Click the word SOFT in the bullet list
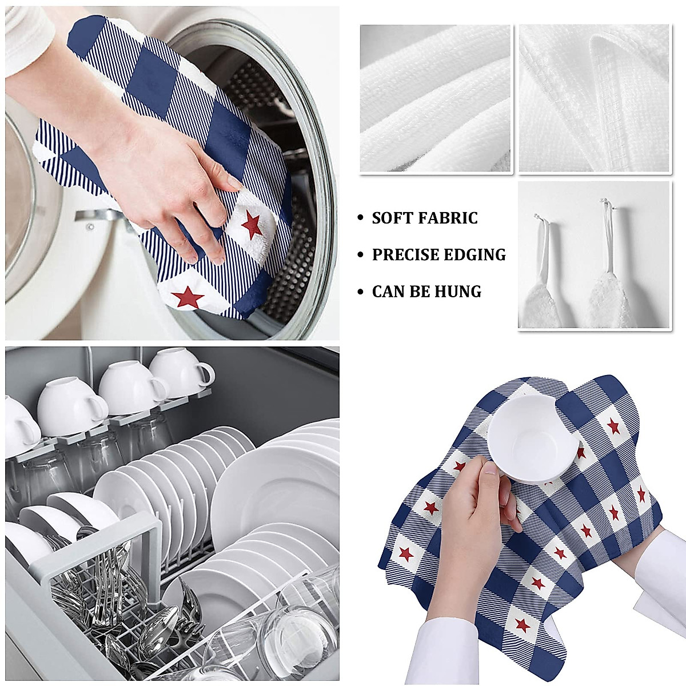click(x=390, y=218)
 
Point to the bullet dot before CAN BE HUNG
click(x=360, y=293)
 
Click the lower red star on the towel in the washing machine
click(x=184, y=296)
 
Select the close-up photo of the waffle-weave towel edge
click(x=594, y=99)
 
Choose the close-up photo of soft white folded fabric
click(x=436, y=99)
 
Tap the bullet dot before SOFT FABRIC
click(x=360, y=218)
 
